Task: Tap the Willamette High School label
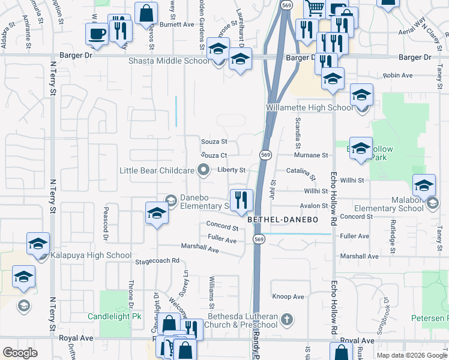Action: coord(309,108)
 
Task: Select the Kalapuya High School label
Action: coord(91,256)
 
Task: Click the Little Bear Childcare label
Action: coord(157,171)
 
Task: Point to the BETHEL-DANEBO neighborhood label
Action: coord(282,220)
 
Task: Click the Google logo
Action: coord(20,353)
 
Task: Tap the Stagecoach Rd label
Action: coord(157,261)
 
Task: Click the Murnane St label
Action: coord(311,155)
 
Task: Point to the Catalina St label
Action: coord(300,174)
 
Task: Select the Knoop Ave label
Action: coord(289,296)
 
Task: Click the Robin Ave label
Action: coord(398,76)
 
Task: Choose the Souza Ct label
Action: coord(214,155)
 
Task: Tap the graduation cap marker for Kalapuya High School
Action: coord(38,245)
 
